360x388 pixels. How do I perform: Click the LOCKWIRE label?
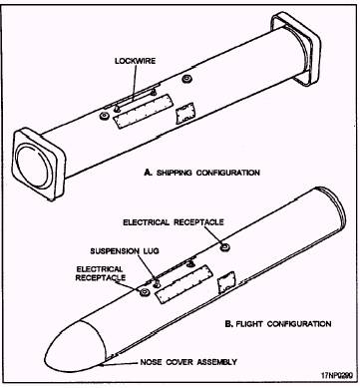click(135, 61)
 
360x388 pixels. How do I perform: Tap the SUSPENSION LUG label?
click(125, 251)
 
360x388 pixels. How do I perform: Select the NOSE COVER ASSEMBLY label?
click(188, 362)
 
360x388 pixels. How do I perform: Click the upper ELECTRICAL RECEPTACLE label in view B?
click(174, 222)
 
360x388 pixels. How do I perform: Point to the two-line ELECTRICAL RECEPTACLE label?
click(101, 273)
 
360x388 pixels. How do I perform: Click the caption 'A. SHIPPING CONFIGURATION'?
click(201, 173)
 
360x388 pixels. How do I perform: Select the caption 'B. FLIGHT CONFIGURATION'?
click(278, 324)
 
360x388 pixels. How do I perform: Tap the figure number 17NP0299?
click(337, 375)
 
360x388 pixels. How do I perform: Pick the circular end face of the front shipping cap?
click(34, 165)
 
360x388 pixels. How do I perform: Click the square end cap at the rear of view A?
click(296, 48)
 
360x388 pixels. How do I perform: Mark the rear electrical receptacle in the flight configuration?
click(226, 246)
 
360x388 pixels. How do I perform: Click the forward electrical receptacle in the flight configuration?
click(144, 292)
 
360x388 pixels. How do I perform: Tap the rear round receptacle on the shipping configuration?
click(186, 80)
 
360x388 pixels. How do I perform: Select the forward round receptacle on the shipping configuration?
click(105, 116)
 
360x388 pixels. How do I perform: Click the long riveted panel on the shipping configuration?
click(144, 111)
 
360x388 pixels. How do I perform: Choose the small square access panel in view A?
click(184, 113)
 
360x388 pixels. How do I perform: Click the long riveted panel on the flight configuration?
click(184, 284)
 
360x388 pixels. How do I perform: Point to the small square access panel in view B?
click(226, 282)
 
